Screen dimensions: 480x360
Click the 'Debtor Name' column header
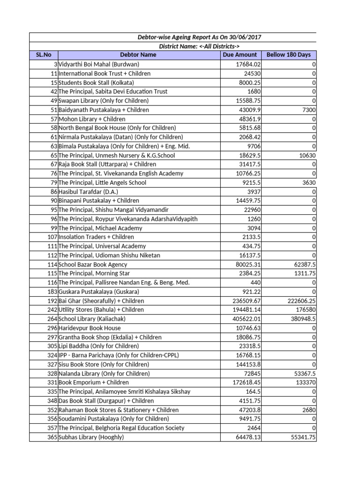coord(138,55)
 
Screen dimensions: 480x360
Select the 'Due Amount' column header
coord(240,55)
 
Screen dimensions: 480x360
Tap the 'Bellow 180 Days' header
coord(288,55)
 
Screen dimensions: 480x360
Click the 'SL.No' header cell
coord(43,55)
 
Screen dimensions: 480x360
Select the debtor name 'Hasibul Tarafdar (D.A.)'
coord(89,192)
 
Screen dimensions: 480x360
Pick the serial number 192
coord(52,301)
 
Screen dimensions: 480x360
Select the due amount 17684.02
coord(248,64)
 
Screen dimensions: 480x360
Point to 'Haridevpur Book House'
coord(90,328)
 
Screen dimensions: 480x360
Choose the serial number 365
coord(52,437)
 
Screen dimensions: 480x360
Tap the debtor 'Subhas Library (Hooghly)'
coord(91,437)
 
